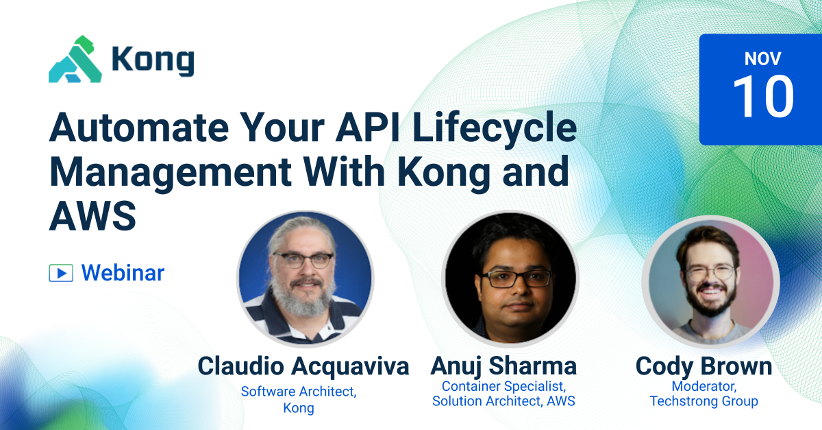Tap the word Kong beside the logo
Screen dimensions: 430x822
pos(153,61)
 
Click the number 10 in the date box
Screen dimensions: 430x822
pos(763,97)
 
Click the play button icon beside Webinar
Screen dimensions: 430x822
pos(61,273)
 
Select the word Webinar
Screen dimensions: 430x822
pos(123,273)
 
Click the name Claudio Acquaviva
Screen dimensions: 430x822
pos(303,366)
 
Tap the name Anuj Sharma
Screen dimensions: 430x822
pos(503,366)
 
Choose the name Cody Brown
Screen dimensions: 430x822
pos(703,366)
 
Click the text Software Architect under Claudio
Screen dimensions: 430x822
pos(299,392)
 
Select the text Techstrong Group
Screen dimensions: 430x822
pos(703,401)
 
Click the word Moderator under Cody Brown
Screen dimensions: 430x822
pos(703,386)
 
